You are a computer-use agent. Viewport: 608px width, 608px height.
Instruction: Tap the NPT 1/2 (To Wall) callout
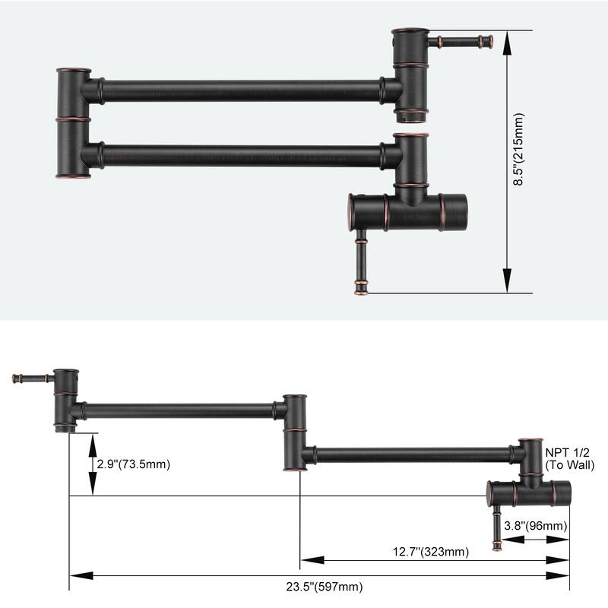576,459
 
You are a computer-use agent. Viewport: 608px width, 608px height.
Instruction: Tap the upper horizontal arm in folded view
240,90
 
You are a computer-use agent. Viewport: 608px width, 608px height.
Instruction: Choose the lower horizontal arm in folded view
240,156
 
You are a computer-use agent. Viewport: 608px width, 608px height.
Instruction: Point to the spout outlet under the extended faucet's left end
65,428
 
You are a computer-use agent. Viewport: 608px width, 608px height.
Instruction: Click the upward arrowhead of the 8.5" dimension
508,38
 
